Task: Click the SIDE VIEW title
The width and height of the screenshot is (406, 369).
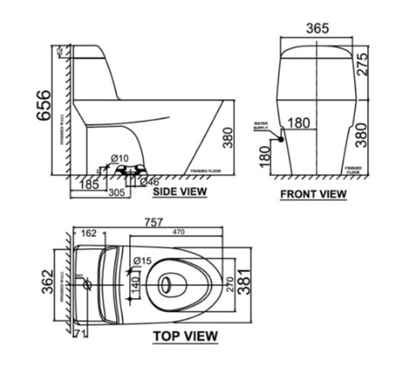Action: coord(179,192)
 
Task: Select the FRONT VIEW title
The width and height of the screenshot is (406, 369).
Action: coord(313,194)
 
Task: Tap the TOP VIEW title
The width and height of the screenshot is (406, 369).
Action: coord(185,336)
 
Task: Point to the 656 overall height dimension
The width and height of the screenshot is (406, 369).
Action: coord(43,106)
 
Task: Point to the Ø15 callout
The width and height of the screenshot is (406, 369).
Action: coord(141,261)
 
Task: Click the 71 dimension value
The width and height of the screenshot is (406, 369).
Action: coord(80,332)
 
